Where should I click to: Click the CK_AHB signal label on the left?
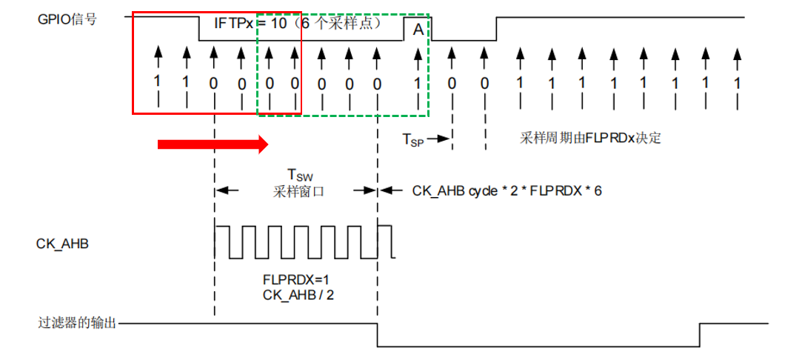[63, 242]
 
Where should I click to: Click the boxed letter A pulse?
[418, 30]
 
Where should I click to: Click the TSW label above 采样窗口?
[297, 176]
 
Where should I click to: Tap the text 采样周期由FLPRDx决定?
[590, 138]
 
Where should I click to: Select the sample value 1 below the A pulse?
[417, 83]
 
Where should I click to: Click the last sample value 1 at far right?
[737, 83]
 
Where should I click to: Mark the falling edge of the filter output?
[378, 335]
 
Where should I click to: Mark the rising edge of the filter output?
[700, 335]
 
